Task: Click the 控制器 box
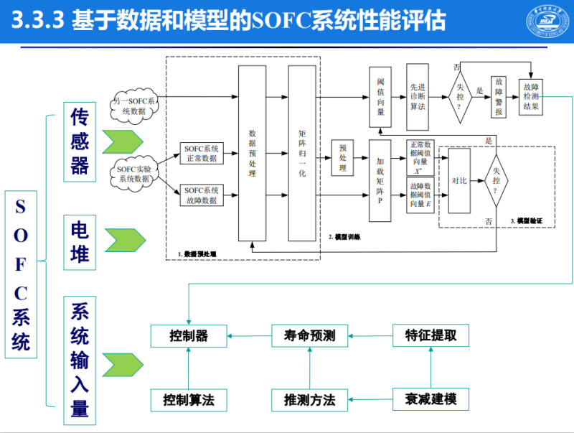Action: point(189,335)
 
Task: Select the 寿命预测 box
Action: point(309,335)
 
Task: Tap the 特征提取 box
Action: point(430,335)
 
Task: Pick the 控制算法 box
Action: point(189,399)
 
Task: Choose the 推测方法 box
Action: point(309,399)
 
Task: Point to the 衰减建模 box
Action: point(430,399)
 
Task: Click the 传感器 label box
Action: point(80,141)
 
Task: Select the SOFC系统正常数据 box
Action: point(200,152)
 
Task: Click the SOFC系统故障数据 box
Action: point(200,195)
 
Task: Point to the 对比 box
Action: point(459,181)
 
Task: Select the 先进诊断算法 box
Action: point(417,96)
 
